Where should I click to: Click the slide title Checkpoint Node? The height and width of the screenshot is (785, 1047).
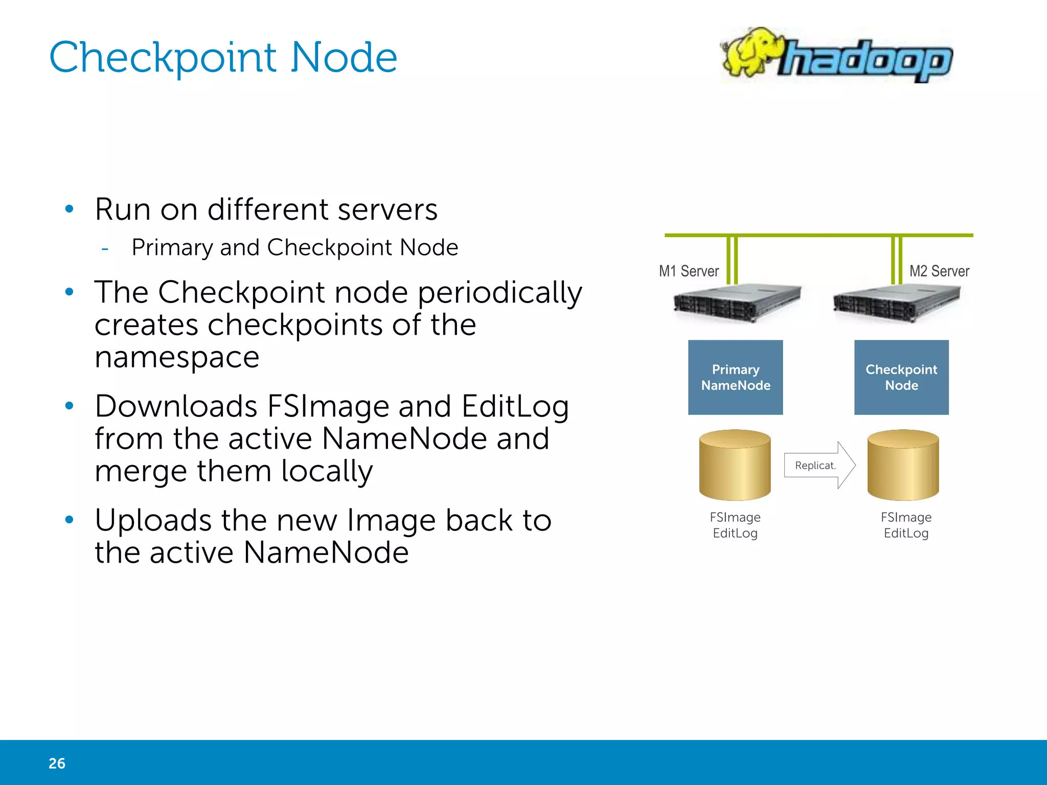[223, 57]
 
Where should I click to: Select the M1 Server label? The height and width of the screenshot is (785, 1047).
[689, 271]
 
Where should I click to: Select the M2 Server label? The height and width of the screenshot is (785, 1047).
[939, 271]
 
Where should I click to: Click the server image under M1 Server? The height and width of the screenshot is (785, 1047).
[737, 303]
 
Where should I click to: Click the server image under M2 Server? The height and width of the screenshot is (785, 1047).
[896, 303]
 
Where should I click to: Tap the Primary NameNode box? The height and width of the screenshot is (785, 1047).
[735, 377]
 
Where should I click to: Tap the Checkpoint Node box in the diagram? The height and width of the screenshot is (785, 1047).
[901, 377]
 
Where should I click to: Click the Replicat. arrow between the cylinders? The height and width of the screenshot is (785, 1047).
[818, 465]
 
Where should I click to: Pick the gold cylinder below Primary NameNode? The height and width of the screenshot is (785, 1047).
[735, 465]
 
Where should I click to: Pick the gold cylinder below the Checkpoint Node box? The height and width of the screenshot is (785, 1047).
[903, 465]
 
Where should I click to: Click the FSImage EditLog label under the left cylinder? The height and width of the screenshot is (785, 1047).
[735, 525]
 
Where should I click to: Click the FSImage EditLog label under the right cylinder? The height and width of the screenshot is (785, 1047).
[906, 525]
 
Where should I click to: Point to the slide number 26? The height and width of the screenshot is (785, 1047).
[57, 763]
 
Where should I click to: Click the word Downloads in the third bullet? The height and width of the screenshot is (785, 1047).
[176, 407]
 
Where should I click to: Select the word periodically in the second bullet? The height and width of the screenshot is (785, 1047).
[500, 293]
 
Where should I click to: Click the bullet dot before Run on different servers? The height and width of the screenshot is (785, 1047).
[70, 209]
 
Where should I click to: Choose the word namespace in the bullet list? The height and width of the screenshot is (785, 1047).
[177, 357]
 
